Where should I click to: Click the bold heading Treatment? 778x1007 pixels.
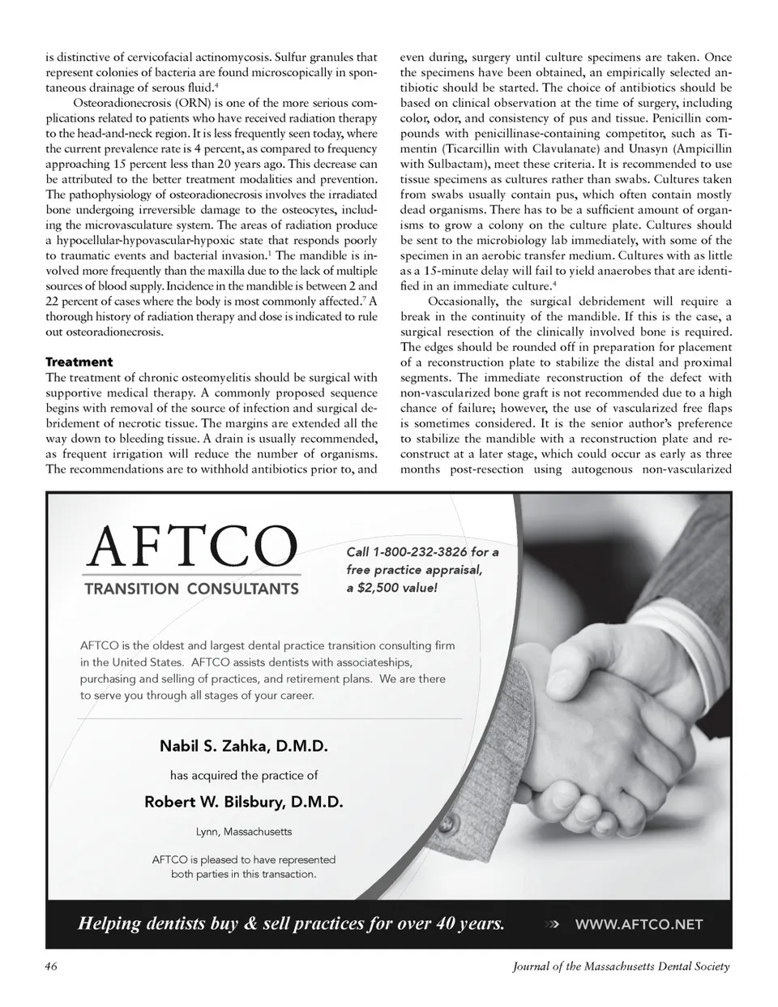tap(79, 362)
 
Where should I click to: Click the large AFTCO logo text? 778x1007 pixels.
tap(191, 548)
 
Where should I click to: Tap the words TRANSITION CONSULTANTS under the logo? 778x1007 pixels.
tap(191, 589)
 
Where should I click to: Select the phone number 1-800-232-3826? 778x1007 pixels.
tap(421, 552)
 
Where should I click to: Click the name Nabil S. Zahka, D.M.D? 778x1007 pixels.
tap(243, 746)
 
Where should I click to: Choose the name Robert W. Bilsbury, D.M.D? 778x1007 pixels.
tap(243, 802)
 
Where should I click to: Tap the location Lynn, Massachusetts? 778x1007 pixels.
tap(243, 832)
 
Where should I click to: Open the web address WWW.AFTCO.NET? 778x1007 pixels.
tap(639, 923)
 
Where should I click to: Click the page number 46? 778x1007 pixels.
tap(52, 966)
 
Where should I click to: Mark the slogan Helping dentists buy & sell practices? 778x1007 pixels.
tap(290, 923)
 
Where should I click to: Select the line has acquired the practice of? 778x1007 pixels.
tap(243, 775)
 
